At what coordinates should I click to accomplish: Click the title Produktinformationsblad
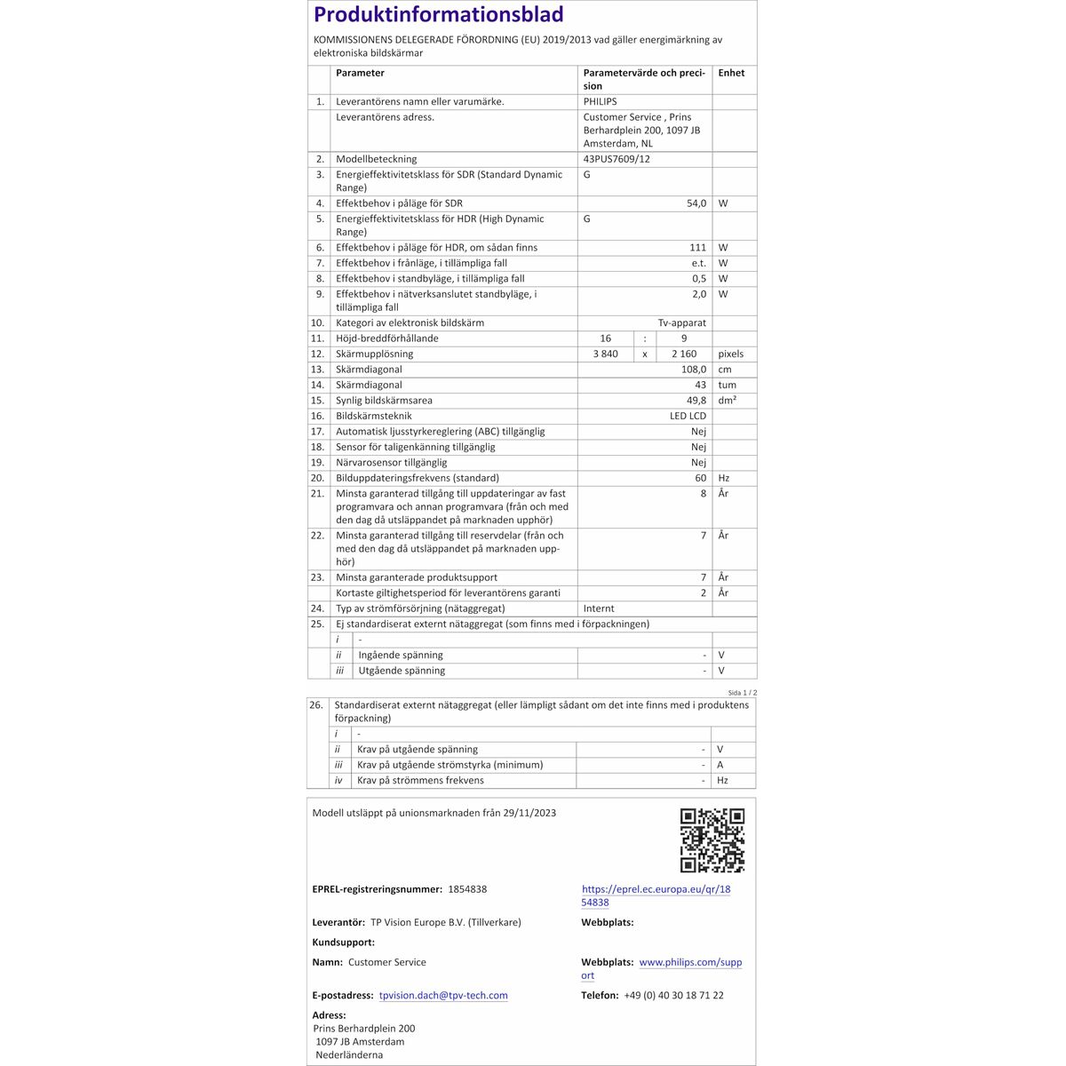(439, 15)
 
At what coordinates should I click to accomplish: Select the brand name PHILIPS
(600, 102)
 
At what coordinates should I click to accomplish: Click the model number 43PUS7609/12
(617, 160)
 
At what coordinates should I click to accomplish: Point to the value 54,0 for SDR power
(696, 203)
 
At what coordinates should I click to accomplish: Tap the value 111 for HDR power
(697, 248)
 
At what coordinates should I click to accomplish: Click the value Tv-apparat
(681, 323)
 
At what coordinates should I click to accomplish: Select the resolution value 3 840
(605, 354)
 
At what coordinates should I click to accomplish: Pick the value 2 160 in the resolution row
(683, 354)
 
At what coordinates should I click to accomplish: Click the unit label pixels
(730, 354)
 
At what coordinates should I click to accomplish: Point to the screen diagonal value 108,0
(694, 370)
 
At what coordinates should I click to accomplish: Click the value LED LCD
(688, 416)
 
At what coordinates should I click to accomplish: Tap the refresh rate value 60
(701, 478)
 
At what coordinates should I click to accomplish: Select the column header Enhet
(731, 73)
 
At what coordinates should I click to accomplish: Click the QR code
(712, 840)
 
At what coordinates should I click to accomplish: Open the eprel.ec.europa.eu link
(656, 895)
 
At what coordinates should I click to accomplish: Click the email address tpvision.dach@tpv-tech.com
(443, 996)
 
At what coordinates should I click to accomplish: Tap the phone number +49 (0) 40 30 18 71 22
(673, 996)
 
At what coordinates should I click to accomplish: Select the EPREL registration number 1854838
(467, 889)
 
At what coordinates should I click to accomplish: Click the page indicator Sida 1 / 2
(742, 692)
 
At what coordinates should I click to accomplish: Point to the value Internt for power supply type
(599, 609)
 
